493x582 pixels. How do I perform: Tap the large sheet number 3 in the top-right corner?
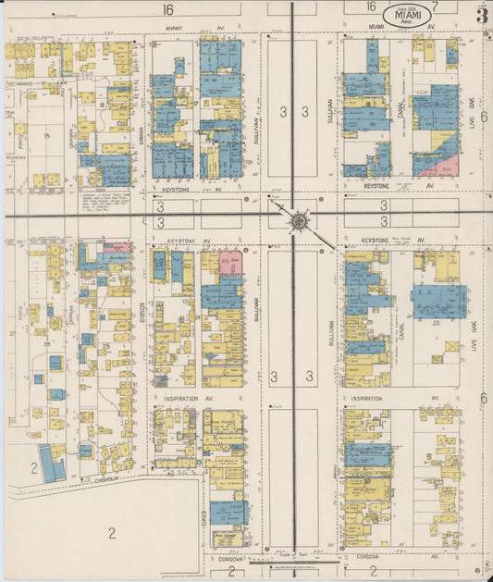pos(481,16)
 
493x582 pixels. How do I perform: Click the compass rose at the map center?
pos(298,221)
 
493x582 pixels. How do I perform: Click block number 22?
pos(434,321)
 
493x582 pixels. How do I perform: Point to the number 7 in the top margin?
pos(434,7)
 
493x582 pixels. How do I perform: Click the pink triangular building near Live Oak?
pos(446,167)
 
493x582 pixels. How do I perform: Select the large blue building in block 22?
pos(438,302)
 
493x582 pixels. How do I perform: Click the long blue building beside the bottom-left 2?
pos(52,463)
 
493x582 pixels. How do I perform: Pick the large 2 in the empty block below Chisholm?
pos(111,531)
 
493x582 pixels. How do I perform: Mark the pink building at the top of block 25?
pos(117,248)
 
